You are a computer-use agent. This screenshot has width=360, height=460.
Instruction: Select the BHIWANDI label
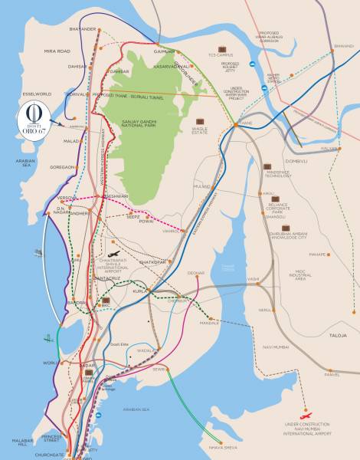(x=344, y=47)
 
